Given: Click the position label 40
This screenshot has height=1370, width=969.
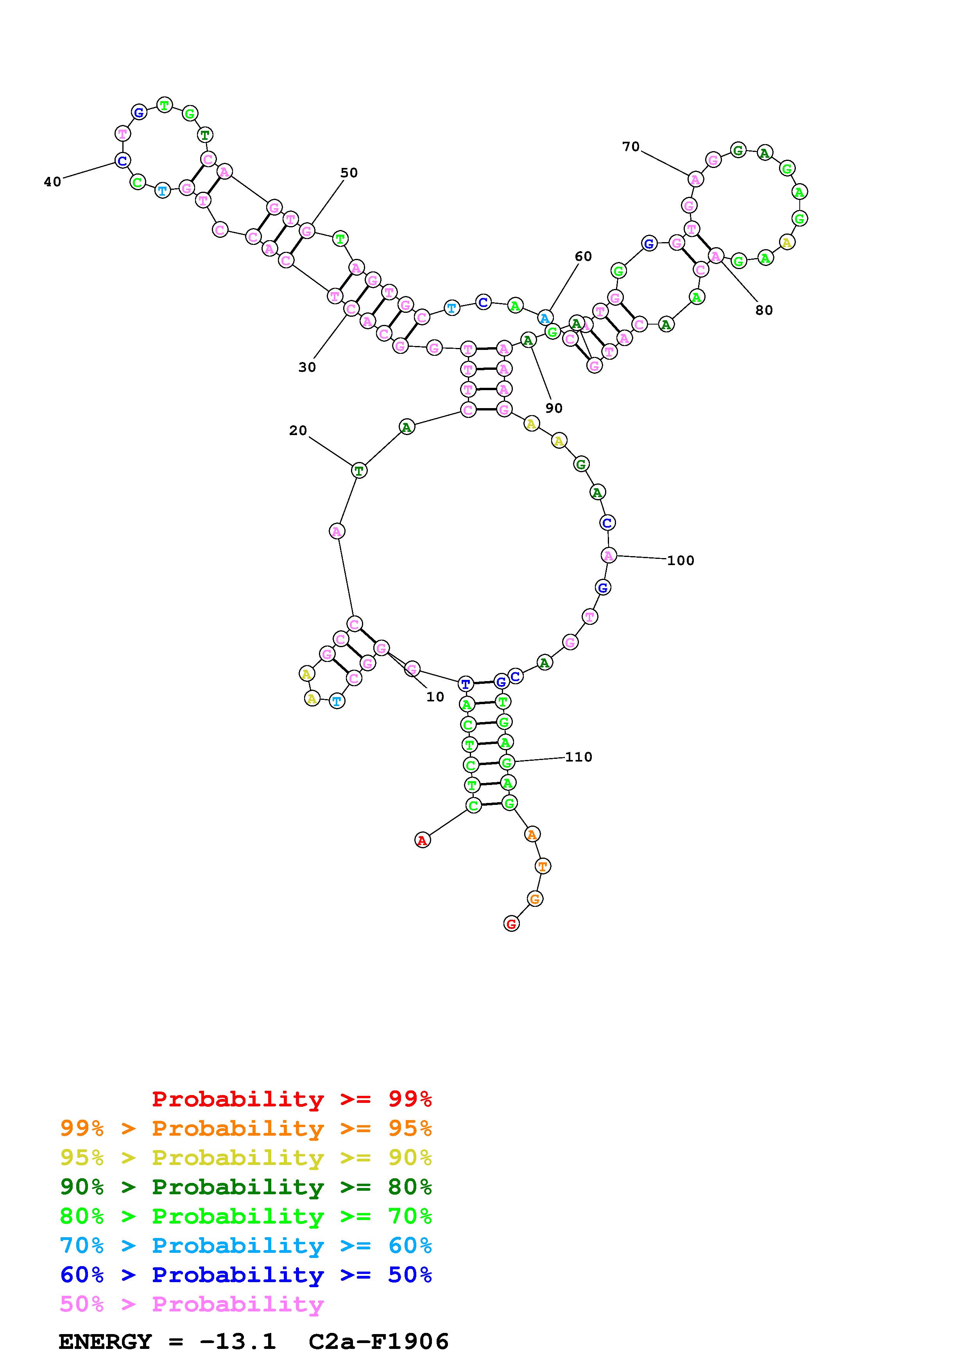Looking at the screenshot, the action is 52,182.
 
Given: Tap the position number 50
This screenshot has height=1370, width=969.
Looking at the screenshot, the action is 349,173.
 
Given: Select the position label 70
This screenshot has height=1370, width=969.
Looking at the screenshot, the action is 631,147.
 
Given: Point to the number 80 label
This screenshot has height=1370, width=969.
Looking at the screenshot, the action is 764,310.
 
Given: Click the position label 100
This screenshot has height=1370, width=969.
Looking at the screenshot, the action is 681,561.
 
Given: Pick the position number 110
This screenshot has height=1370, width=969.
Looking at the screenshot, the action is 579,757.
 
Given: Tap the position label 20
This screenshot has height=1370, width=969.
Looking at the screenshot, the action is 298,431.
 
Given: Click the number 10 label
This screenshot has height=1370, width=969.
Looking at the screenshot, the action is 435,697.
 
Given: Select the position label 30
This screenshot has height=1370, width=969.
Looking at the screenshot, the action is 307,367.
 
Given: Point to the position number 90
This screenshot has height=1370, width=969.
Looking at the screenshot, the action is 554,408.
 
